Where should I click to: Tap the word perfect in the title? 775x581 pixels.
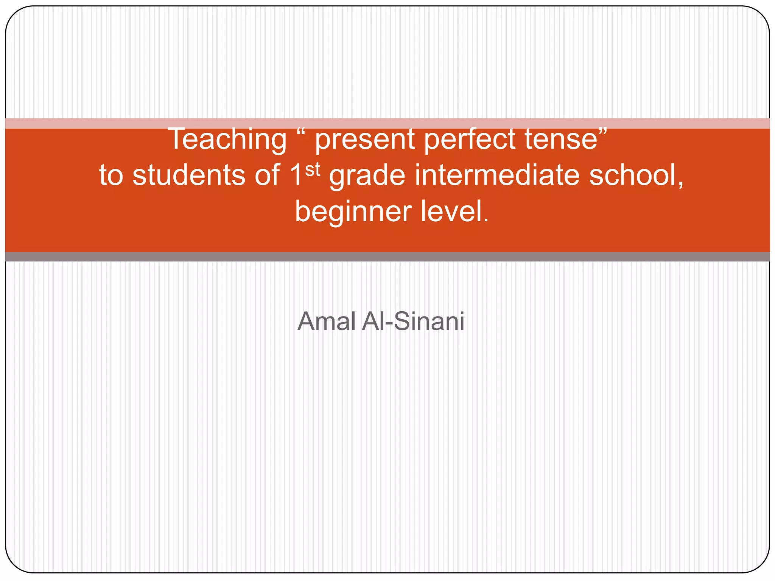tap(469, 139)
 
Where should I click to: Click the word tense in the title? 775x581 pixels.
tap(560, 139)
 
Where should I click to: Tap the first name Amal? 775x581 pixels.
tap(326, 322)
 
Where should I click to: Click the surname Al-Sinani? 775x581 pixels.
tap(413, 322)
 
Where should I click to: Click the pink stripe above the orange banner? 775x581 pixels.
tap(387, 123)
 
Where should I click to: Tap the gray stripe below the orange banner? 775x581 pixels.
tap(387, 257)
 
